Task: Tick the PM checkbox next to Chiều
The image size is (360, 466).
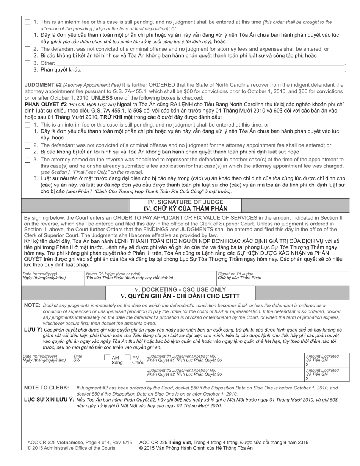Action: pos(128,357)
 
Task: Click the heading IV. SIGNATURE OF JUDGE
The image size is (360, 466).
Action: pos(185,202)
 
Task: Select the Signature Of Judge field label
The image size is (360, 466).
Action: pos(235,274)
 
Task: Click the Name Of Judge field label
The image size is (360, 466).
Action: pos(113,274)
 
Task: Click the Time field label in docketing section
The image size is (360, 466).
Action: pos(77,356)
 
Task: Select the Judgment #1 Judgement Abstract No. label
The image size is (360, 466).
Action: pos(182,356)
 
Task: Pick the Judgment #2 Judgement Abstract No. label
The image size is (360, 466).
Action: pos(182,370)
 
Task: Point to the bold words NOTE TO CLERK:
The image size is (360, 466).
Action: pos(47,388)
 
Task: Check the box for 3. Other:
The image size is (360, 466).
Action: pos(28,63)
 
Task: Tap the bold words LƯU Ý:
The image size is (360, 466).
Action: pos(33,330)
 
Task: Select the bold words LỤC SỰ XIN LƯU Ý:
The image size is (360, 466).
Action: pos(49,400)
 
